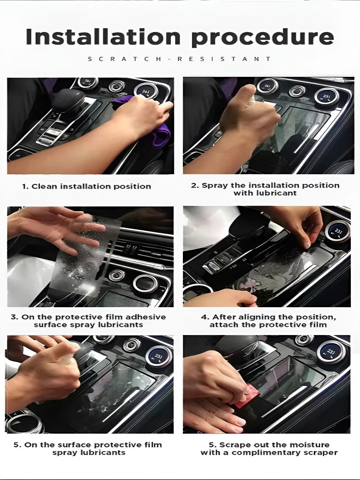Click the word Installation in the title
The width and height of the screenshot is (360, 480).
pyautogui.click(x=103, y=36)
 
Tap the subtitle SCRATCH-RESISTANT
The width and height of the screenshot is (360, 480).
pyautogui.click(x=180, y=59)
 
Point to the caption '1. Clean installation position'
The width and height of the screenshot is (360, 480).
pyautogui.click(x=86, y=186)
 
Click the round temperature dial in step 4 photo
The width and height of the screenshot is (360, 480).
pyautogui.click(x=337, y=232)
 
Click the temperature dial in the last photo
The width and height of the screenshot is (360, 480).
pyautogui.click(x=330, y=352)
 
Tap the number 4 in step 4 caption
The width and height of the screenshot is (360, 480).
pyautogui.click(x=204, y=317)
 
